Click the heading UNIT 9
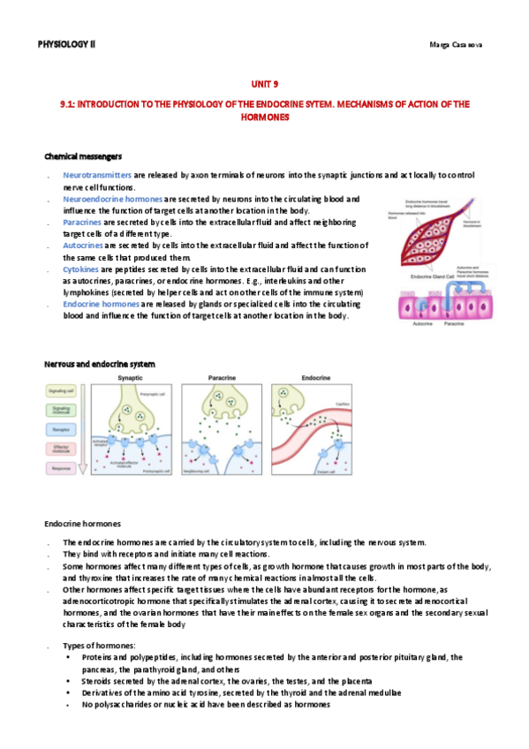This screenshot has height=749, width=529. (x=264, y=85)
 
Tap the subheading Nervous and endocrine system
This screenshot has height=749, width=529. (x=99, y=364)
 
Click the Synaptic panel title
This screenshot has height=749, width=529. (x=131, y=379)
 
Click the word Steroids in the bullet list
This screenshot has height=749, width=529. (x=98, y=681)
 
